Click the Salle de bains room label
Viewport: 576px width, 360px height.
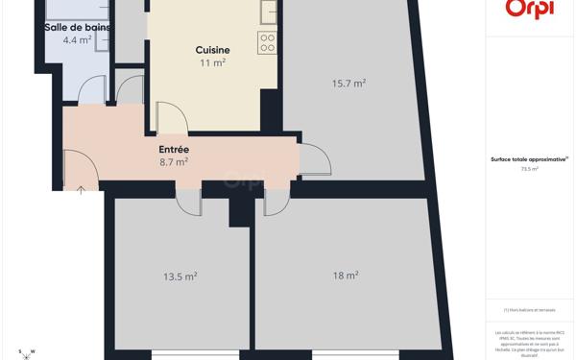(77, 27)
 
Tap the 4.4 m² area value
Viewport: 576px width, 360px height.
(77, 40)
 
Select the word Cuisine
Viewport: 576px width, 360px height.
(212, 50)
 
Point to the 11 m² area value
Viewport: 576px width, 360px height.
(212, 63)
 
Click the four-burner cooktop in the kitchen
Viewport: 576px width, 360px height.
(267, 42)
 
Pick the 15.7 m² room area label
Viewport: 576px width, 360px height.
(348, 84)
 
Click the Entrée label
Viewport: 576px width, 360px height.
(174, 150)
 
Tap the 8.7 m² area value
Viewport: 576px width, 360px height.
(174, 162)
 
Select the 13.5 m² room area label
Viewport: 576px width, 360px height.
(180, 276)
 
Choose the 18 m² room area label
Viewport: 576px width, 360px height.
(346, 276)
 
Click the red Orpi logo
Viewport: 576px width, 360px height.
(529, 10)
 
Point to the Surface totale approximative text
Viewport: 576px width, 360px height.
(529, 159)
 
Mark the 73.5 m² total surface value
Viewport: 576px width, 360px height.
(529, 169)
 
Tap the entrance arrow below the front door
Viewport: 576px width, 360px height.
(81, 190)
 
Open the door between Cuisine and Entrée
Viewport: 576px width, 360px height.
(171, 117)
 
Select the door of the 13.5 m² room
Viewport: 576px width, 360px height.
(188, 202)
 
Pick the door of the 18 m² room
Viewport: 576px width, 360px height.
(276, 202)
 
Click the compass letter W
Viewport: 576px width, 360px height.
(33, 351)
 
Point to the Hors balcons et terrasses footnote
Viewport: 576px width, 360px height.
(529, 310)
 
